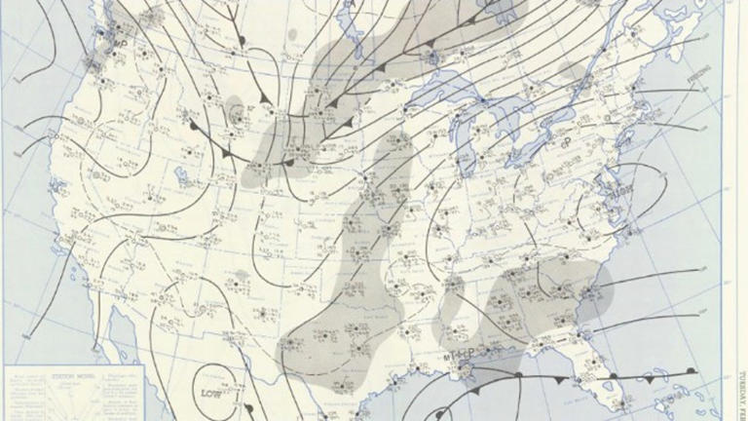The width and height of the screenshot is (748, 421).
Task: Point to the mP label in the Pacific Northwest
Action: [124, 44]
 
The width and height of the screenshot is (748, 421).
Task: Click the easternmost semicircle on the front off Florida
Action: [690, 371]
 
